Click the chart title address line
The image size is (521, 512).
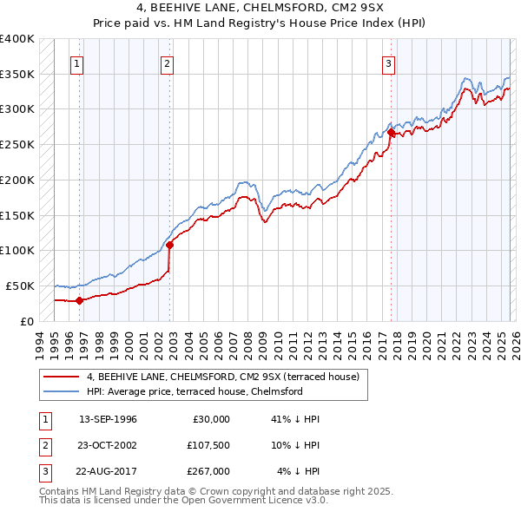coord(260,10)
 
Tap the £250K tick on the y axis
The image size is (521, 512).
coord(17,144)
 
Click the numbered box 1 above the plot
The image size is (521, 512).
coord(78,62)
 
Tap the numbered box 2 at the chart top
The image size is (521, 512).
coord(166,62)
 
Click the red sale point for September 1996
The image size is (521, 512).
coord(79,300)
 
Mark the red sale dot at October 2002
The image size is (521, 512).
coord(169,245)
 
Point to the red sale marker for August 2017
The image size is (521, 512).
coord(392,133)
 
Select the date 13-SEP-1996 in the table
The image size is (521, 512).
coord(108,419)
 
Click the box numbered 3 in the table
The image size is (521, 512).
coord(42,471)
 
